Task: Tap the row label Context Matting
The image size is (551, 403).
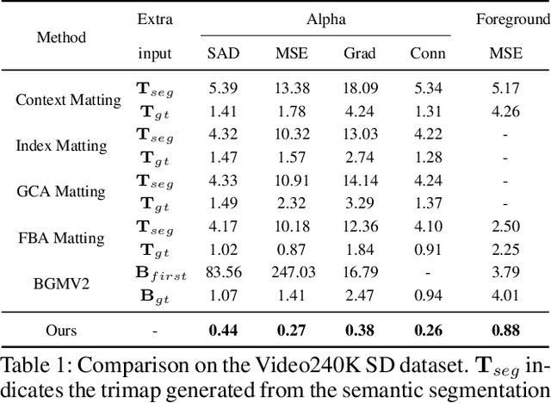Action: pos(69,100)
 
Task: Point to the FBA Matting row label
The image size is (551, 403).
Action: pos(60,238)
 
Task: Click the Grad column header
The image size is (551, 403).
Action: pos(359,53)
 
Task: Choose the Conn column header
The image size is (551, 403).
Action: pos(428,53)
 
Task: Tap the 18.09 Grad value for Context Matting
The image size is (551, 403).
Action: pos(360,88)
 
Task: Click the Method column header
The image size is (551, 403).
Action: pos(61,37)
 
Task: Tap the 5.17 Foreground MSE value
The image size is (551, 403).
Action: pos(506,88)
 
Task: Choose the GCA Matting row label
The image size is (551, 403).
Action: pos(60,191)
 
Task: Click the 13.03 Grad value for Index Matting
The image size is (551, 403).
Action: pos(360,133)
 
